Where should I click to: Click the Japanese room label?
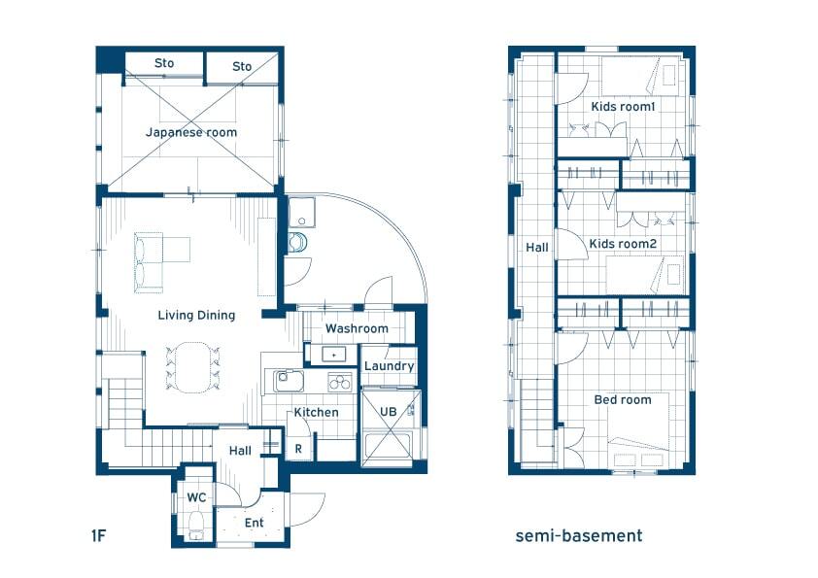tap(191, 132)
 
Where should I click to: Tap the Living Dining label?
tap(196, 315)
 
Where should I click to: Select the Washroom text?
tap(357, 328)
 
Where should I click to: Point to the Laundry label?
tap(390, 366)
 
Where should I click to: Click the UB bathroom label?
tap(389, 412)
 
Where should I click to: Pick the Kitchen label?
tap(316, 413)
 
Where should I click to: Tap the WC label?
tap(196, 497)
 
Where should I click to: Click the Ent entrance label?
tap(255, 523)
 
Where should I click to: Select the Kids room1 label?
tap(623, 107)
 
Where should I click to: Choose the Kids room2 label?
tap(623, 244)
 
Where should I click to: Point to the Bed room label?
tap(623, 400)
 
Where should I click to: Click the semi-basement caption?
tap(579, 536)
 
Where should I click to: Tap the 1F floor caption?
tap(98, 536)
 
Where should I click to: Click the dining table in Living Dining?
tap(192, 367)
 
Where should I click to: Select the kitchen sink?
tap(285, 382)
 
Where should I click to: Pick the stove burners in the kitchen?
tap(340, 382)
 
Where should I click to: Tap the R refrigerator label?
tap(298, 449)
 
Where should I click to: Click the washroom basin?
tap(333, 355)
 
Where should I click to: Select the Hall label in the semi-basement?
tap(537, 248)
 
